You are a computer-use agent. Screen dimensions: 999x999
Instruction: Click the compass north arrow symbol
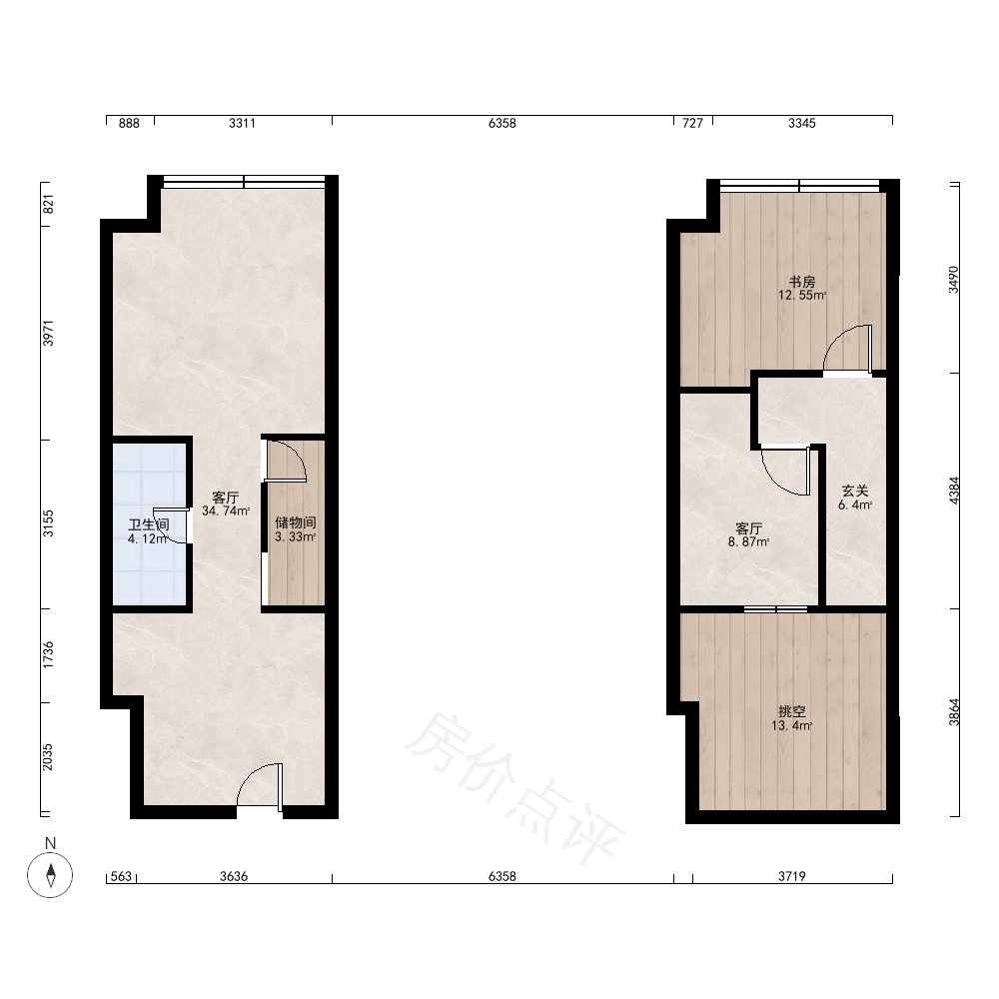tap(50, 874)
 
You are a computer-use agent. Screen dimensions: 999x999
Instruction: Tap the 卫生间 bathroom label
tap(149, 525)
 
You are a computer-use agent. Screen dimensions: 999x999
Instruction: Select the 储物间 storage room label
tap(296, 522)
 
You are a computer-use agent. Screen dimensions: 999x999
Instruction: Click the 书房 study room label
tap(802, 281)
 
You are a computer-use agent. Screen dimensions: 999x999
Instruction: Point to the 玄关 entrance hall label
tap(855, 491)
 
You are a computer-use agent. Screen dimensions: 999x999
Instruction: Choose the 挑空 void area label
tap(792, 711)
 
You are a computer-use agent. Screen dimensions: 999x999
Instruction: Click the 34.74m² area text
tap(226, 510)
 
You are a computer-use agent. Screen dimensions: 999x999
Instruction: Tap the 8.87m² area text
tap(748, 542)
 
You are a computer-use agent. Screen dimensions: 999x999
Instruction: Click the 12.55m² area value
tap(802, 295)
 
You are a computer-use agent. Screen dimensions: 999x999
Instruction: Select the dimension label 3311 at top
tap(242, 123)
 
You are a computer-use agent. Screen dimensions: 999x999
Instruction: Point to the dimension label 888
tap(129, 123)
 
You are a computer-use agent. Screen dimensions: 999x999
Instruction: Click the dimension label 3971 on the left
tap(48, 333)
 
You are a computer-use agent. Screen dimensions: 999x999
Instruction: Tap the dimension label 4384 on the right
tap(954, 491)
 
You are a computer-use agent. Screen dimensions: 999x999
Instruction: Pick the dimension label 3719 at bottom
tap(792, 877)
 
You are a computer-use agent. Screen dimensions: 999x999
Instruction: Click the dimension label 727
tap(692, 123)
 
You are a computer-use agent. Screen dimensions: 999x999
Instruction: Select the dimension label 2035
tap(48, 757)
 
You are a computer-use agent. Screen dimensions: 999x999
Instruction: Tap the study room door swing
tap(847, 349)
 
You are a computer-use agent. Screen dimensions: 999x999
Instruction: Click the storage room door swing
tap(286, 461)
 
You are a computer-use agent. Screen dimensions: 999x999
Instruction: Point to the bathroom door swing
tap(172, 525)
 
